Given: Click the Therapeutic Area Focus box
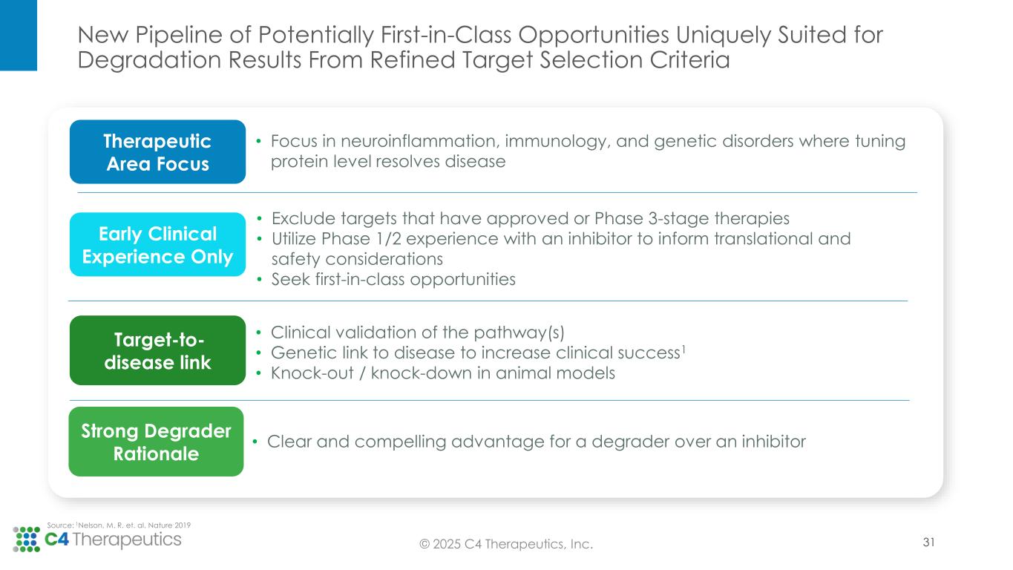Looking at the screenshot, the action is point(157,151).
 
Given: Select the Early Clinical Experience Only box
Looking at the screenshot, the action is point(157,244).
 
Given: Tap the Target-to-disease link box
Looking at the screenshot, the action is point(157,350).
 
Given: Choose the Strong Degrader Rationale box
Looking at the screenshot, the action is point(156,442).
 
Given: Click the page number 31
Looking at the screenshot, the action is point(928,542).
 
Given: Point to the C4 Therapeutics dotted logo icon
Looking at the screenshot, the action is point(26,540).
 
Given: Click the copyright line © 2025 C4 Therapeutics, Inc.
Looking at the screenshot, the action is point(506,544).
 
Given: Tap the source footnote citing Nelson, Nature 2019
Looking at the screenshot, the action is point(119,525).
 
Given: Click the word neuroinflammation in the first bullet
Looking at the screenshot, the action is point(420,141).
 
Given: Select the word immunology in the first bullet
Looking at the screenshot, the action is point(557,142).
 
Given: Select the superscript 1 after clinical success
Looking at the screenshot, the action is point(683,348).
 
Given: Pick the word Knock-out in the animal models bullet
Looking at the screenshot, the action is point(312,373).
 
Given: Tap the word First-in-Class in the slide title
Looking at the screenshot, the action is point(446,35).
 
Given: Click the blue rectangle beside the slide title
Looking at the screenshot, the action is point(19,36).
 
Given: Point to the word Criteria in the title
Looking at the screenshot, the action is point(689,59).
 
